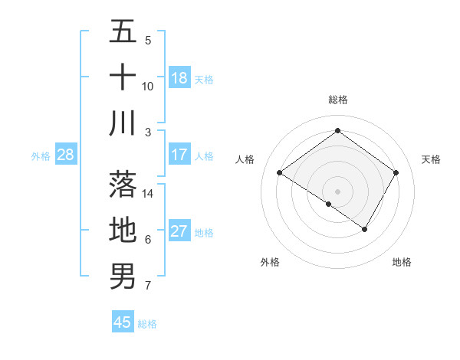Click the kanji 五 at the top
123,32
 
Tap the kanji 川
123,123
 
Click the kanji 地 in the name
123,230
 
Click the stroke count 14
149,193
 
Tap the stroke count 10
149,86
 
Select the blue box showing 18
179,78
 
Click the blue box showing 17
179,155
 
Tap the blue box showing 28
66,155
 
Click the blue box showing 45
123,322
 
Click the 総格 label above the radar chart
338,100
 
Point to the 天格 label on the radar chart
432,159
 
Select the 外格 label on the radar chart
270,262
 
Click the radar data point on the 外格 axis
329,204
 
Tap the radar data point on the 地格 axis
365,229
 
